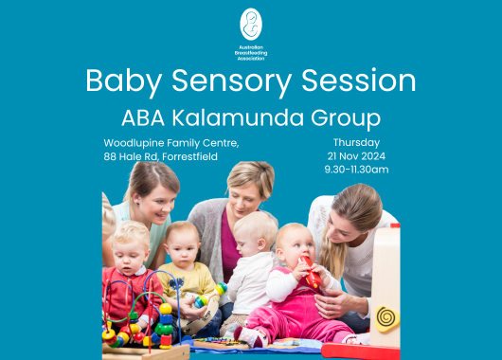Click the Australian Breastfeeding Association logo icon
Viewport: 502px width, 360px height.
251,25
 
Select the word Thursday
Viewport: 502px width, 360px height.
343,141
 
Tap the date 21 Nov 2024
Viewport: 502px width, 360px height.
343,155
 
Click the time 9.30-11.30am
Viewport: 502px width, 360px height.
343,170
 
